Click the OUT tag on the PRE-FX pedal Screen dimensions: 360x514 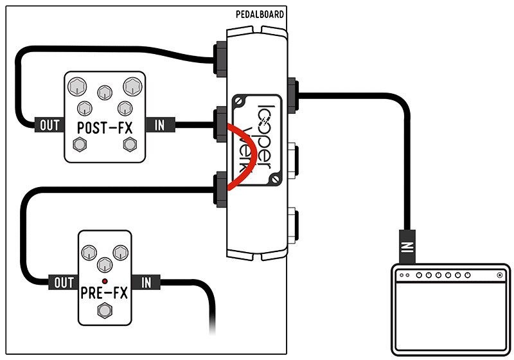62,282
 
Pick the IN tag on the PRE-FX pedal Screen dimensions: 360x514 146,282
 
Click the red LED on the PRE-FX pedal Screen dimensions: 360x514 104,282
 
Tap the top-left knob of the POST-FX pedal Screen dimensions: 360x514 77,85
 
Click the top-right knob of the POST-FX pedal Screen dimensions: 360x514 132,85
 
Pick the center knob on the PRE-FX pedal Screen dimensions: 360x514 103,263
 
